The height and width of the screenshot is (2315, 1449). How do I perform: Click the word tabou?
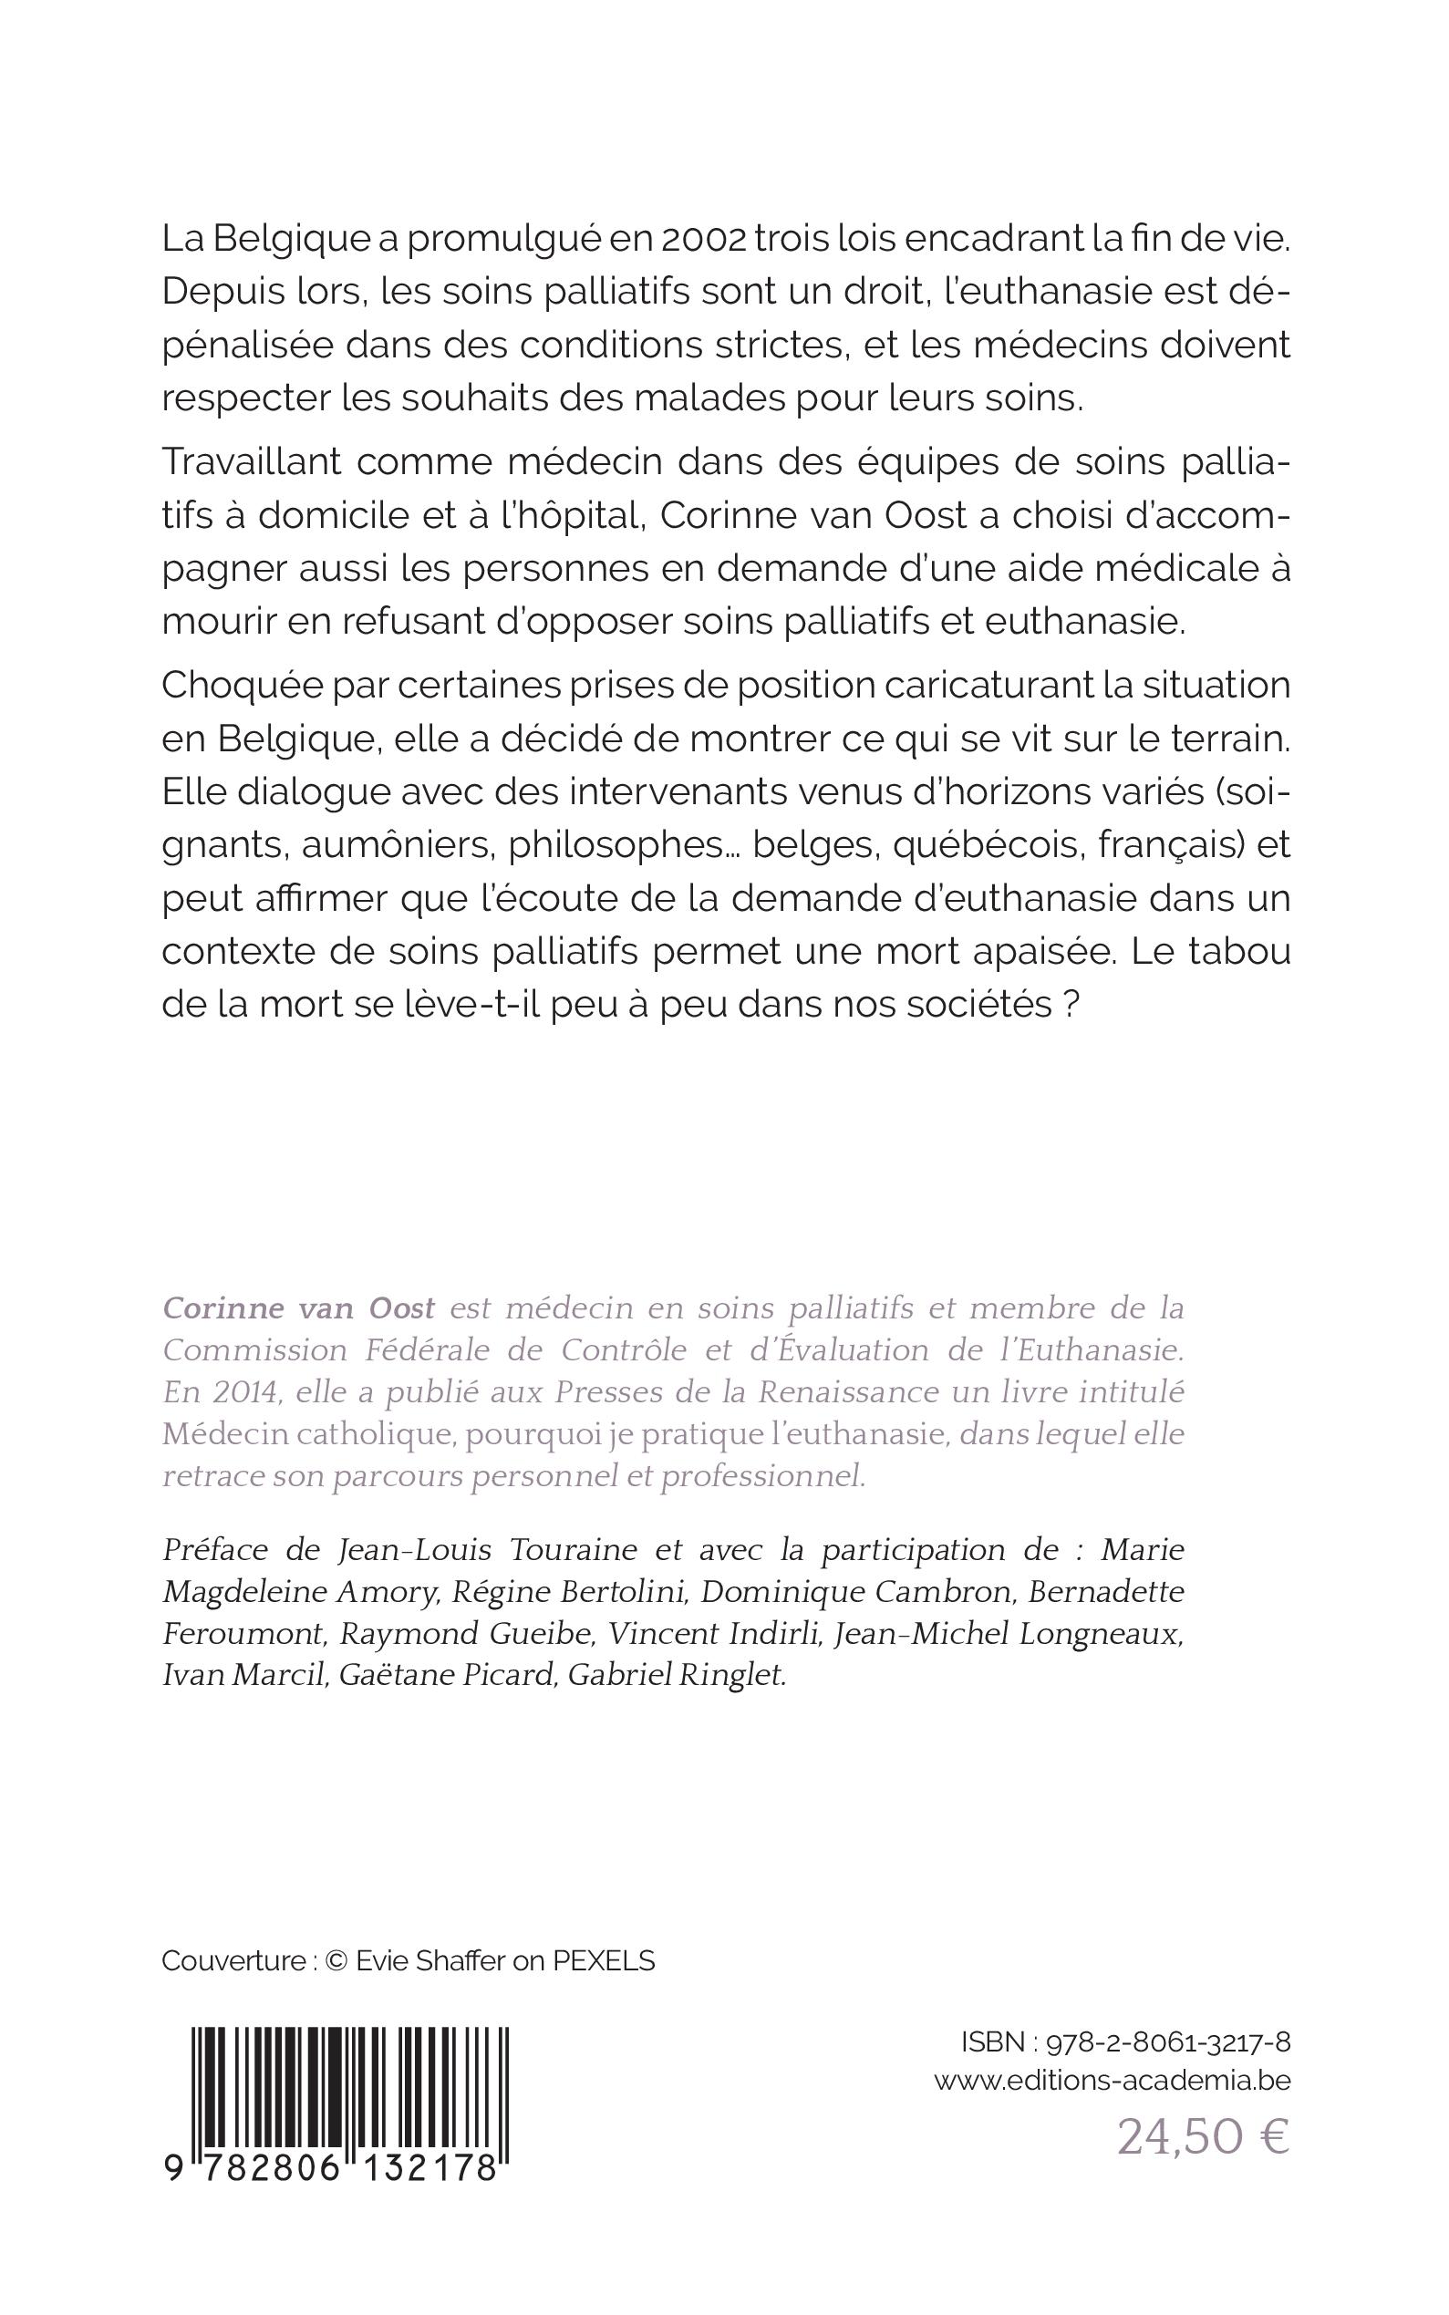[x=1237, y=953]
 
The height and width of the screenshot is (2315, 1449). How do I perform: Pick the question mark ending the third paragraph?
[x=1072, y=1006]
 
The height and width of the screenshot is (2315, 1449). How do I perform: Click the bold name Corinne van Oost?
[x=299, y=1307]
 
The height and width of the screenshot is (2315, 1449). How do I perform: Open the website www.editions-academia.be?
[x=1112, y=2081]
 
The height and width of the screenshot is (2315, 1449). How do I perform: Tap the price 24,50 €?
[x=1204, y=2138]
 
